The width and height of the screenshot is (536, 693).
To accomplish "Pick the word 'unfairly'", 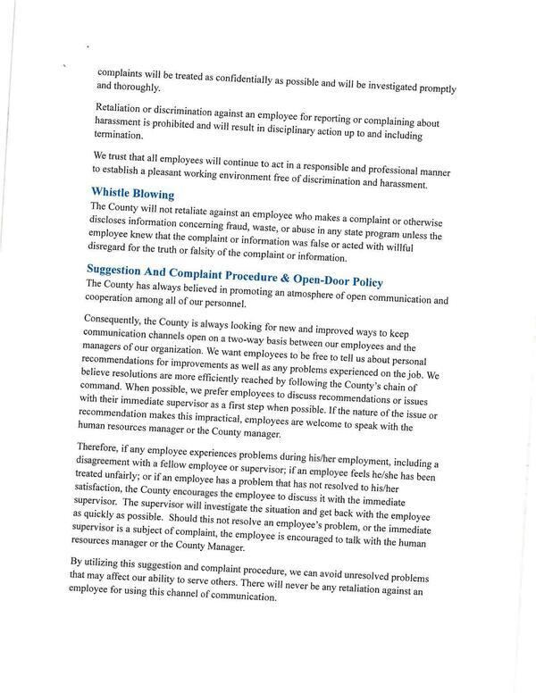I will (124, 474).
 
